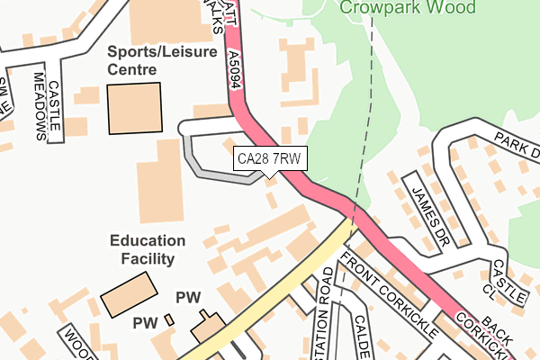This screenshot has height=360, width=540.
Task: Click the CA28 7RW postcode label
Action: coord(270,159)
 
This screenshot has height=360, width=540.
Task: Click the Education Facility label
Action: coord(148,249)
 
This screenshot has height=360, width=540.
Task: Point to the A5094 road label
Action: coord(235,68)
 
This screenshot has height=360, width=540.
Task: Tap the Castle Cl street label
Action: coord(498,280)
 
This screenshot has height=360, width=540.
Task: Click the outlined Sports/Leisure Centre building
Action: coord(135,108)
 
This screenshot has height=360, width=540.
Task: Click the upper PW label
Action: coord(187,297)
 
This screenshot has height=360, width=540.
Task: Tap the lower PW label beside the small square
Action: coord(145,322)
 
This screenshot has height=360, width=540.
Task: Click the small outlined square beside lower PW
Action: coord(168,319)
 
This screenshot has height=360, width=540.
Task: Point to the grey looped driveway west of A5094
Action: coord(202,162)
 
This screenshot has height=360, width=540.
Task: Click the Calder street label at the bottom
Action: coord(363,337)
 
